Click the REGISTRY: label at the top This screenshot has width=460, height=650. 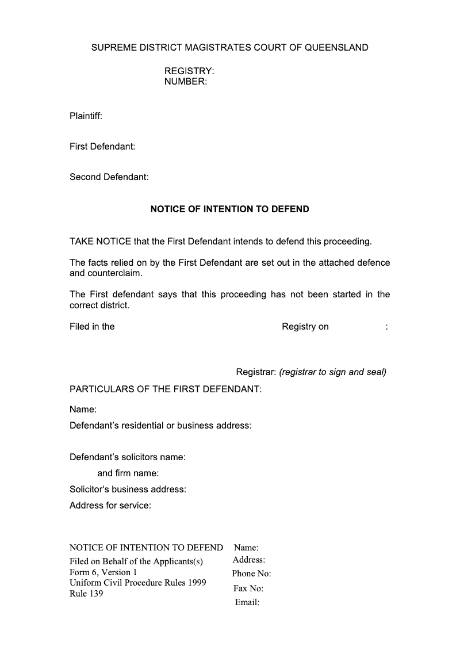tap(189, 71)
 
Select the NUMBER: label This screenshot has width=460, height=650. tap(185, 82)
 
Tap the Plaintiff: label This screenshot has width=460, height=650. tap(86, 116)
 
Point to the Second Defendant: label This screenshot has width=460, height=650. tap(109, 177)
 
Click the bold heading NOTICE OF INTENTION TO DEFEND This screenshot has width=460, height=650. tap(229, 209)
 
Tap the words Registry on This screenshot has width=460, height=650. tap(305, 327)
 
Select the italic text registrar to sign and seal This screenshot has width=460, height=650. tap(332, 372)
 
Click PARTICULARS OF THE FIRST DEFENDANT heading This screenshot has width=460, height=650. tap(166, 389)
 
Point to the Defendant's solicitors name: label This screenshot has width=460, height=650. tap(128, 457)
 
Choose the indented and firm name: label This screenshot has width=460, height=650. tap(128, 473)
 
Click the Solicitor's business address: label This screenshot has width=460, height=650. tap(128, 490)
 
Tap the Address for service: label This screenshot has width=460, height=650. tap(110, 506)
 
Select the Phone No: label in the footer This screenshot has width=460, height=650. tap(251, 573)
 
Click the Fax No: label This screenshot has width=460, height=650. tap(248, 588)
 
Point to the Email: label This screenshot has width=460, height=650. tap(247, 603)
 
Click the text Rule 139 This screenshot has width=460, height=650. tap(86, 594)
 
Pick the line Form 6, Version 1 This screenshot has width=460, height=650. tap(103, 572)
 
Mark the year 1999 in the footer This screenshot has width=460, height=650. tap(196, 583)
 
